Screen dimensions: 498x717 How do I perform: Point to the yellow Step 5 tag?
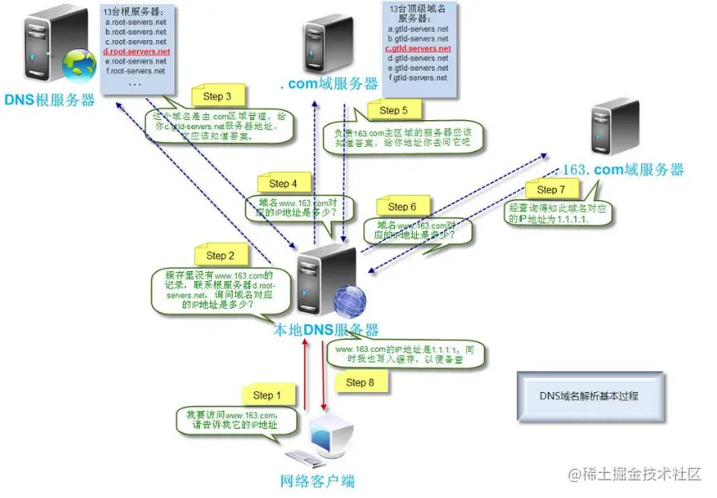pyautogui.click(x=394, y=110)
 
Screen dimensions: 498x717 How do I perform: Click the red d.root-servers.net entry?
pyautogui.click(x=137, y=52)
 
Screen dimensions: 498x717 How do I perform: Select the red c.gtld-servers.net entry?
pyautogui.click(x=418, y=49)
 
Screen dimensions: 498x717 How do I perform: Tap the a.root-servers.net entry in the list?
pyautogui.click(x=136, y=22)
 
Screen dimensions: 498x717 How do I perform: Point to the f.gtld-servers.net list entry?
pyautogui.click(x=418, y=78)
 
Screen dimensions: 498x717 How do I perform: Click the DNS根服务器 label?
pyautogui.click(x=49, y=101)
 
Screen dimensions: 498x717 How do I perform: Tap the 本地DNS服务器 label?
pyautogui.click(x=327, y=330)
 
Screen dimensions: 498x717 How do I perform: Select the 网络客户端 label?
pyautogui.click(x=317, y=481)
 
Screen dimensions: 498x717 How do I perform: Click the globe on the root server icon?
pyautogui.click(x=81, y=64)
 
